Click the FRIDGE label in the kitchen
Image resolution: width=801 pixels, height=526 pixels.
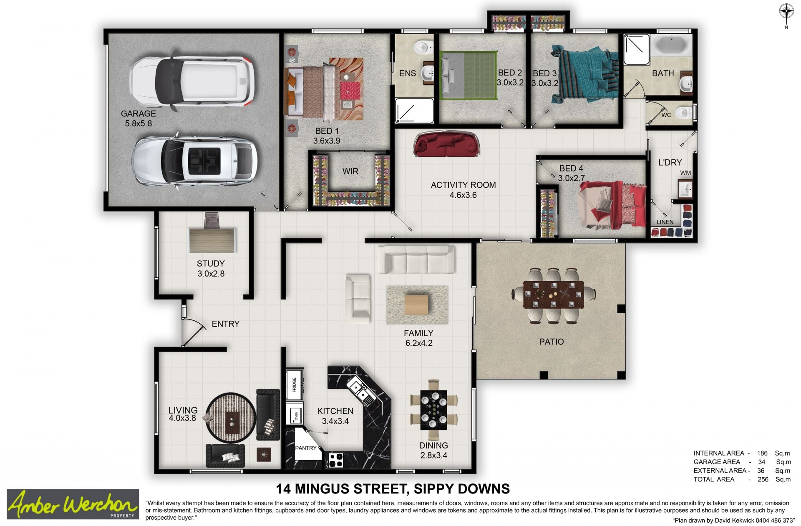[x=294, y=385]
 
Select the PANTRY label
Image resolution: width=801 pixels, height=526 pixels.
[x=306, y=448]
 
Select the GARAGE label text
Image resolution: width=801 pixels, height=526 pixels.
[x=138, y=113]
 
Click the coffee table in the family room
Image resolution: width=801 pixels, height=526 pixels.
[x=417, y=305]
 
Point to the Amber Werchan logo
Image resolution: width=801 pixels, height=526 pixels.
[x=73, y=504]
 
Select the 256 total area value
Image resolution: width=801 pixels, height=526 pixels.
[x=763, y=479]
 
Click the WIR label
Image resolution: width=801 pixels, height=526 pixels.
[x=350, y=171]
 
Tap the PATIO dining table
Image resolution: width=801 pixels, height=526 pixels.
[x=553, y=295]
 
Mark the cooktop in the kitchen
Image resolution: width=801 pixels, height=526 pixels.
[x=336, y=460]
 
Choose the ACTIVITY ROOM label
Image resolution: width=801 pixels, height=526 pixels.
[x=463, y=185]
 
